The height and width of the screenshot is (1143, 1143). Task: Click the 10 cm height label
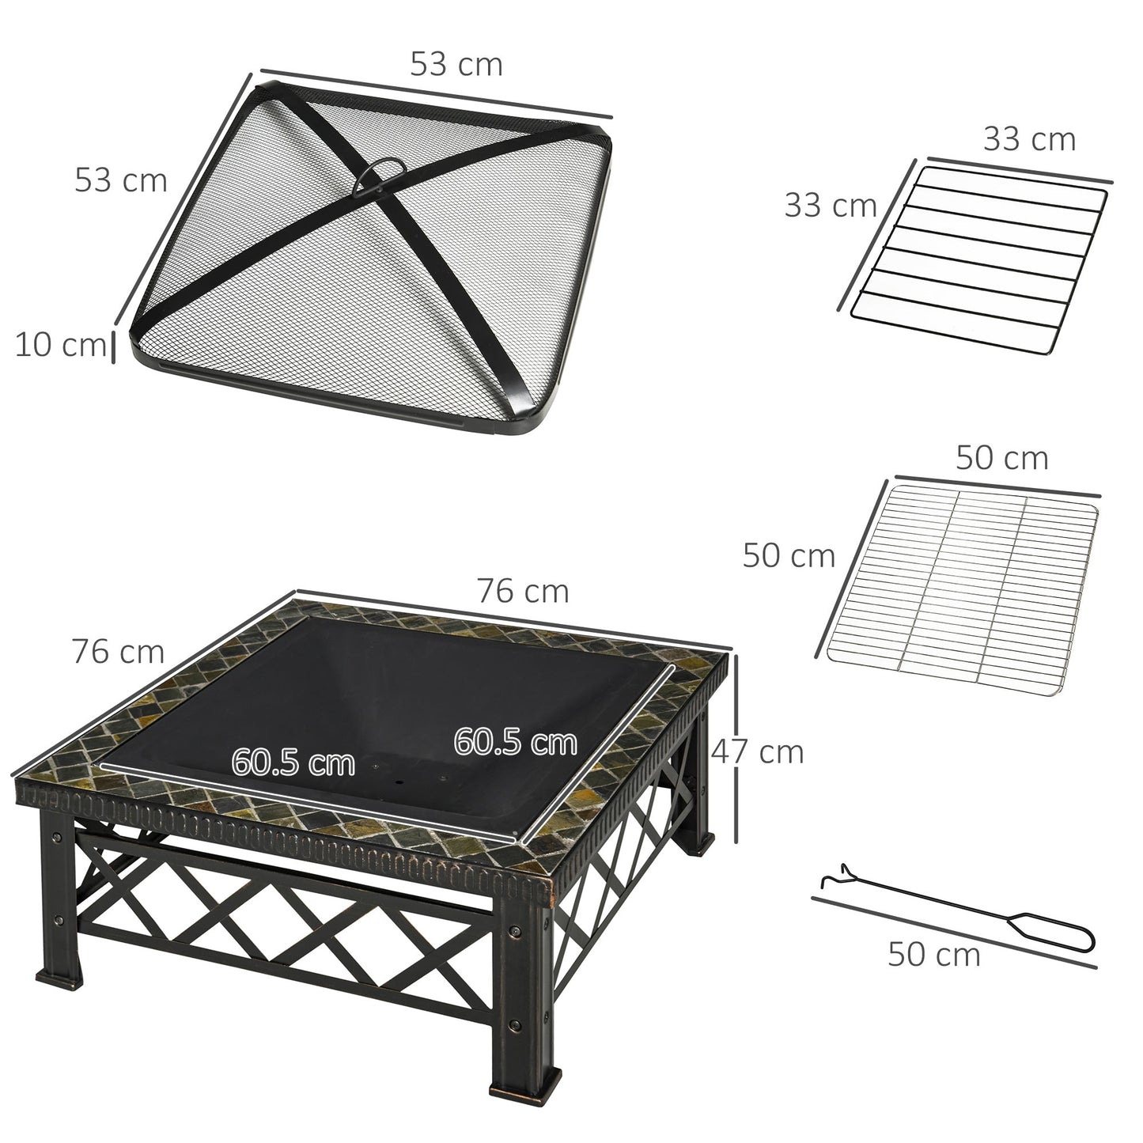pyautogui.click(x=59, y=345)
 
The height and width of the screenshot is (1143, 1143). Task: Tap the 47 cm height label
pyautogui.click(x=758, y=751)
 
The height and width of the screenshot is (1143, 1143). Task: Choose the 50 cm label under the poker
pyautogui.click(x=933, y=955)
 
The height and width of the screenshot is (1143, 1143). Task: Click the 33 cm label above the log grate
pyautogui.click(x=1029, y=139)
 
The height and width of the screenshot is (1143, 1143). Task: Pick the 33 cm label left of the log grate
pyautogui.click(x=830, y=206)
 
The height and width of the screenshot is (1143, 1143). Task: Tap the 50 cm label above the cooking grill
pyautogui.click(x=1001, y=458)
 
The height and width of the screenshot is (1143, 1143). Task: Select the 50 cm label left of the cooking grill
pyautogui.click(x=788, y=556)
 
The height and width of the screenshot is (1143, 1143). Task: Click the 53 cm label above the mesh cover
pyautogui.click(x=456, y=64)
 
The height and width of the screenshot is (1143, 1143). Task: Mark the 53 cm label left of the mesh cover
pyautogui.click(x=121, y=180)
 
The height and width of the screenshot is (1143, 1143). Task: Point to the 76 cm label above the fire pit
pyautogui.click(x=522, y=591)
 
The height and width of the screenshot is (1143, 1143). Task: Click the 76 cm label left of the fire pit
pyautogui.click(x=118, y=652)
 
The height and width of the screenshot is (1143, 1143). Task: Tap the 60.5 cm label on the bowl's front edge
pyautogui.click(x=293, y=763)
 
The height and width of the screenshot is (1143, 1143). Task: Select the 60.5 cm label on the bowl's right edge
pyautogui.click(x=515, y=742)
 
